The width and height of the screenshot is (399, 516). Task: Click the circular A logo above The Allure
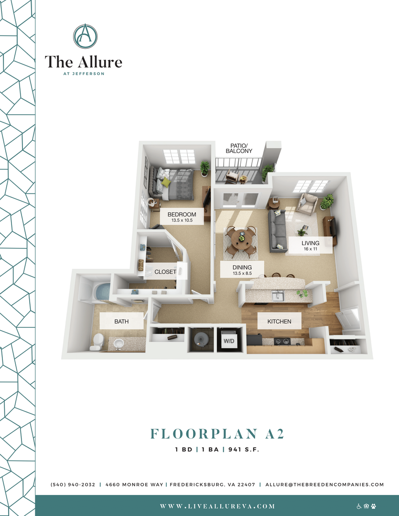[x=85, y=36]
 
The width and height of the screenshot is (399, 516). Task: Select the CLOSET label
[x=165, y=272]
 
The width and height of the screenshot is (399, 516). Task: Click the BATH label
[x=121, y=322]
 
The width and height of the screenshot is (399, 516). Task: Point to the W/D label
[x=229, y=341]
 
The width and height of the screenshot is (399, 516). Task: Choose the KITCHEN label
[x=279, y=322]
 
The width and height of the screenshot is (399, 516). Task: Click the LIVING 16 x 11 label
[x=310, y=246]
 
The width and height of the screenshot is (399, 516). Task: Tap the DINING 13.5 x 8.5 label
[x=242, y=270]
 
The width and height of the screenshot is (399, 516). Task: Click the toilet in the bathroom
[x=97, y=341]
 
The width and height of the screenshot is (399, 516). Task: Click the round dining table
[x=241, y=237]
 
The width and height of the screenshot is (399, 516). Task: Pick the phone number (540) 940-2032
[x=73, y=484]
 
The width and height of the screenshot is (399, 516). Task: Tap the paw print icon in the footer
[x=373, y=506]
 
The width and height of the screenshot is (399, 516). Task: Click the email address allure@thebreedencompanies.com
[x=324, y=484]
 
